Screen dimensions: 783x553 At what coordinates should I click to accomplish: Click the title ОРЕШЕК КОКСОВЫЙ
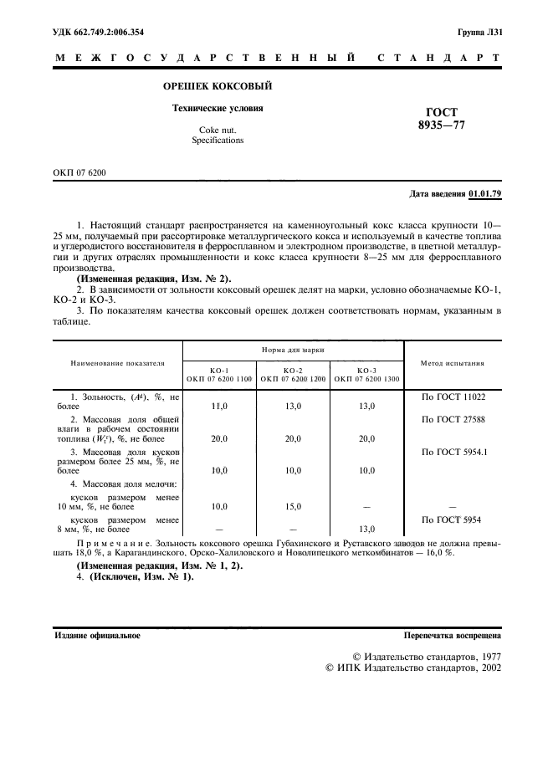click(217, 86)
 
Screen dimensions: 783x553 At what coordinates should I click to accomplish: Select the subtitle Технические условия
click(217, 108)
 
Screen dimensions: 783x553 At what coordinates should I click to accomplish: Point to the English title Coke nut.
click(216, 130)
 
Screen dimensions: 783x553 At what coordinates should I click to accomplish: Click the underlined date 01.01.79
click(484, 193)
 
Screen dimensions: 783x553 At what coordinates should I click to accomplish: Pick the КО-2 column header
click(293, 370)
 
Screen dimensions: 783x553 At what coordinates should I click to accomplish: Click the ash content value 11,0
click(219, 405)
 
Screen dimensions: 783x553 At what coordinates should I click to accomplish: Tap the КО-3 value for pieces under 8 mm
click(366, 529)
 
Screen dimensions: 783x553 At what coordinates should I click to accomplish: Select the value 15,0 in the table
click(293, 506)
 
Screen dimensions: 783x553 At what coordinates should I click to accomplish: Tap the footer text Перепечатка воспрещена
click(452, 635)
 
